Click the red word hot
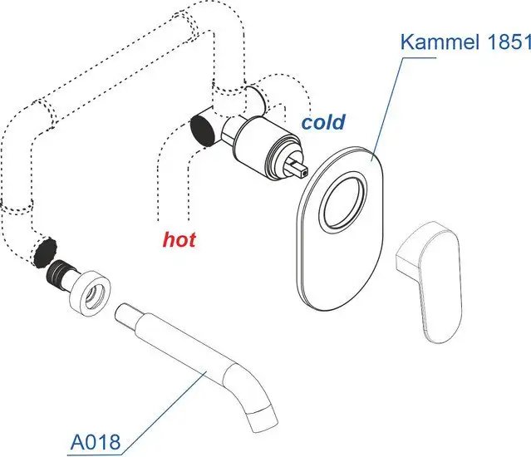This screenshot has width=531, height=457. (179, 240)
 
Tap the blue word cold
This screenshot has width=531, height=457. (323, 123)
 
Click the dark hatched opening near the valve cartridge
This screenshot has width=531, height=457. (202, 130)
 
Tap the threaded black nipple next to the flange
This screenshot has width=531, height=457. (61, 272)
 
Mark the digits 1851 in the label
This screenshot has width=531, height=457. (508, 42)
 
